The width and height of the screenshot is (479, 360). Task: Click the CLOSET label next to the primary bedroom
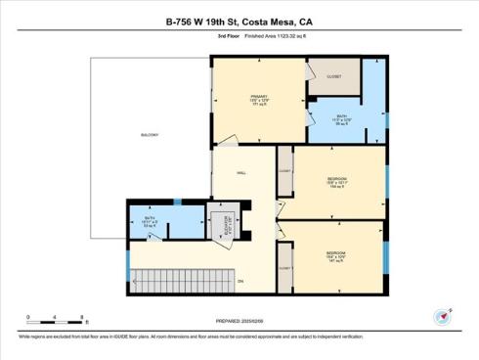334,76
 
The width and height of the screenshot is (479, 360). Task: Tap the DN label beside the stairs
239,283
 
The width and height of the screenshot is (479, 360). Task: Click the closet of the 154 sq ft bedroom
284,170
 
